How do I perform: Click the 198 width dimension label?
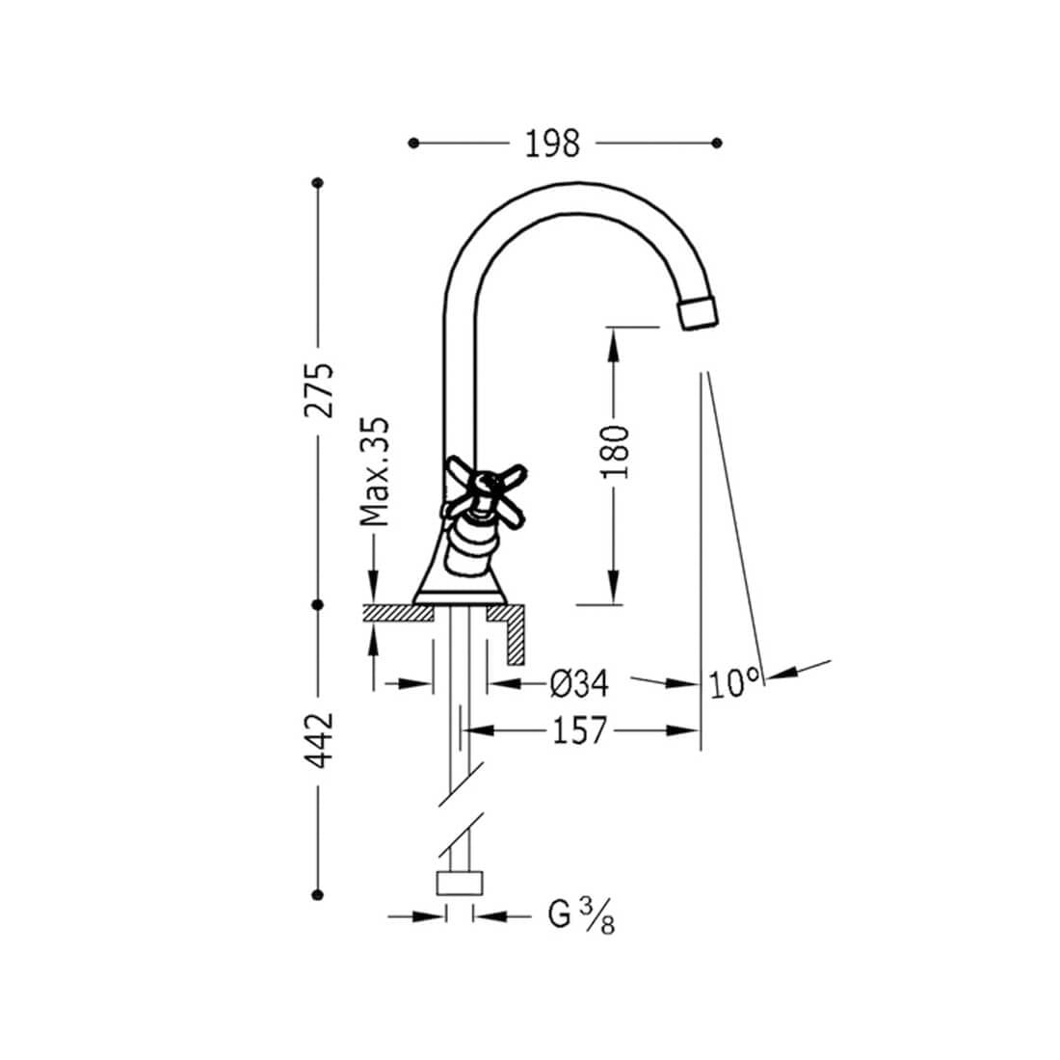coord(552,144)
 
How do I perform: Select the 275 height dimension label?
coord(318,390)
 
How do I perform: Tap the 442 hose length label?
coord(318,740)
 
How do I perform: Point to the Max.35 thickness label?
coord(374,471)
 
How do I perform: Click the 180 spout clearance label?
coord(615,452)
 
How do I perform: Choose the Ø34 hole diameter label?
coord(579,683)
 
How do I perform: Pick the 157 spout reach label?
coord(580,730)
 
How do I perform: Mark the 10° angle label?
coord(734,683)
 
